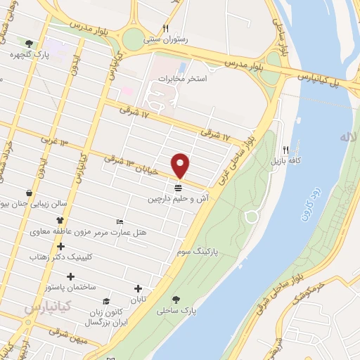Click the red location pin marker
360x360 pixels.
click(181, 165)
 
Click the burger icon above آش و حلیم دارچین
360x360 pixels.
click(178, 187)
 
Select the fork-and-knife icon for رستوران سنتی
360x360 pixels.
click(166, 29)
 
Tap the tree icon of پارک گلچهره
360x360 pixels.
click(29, 43)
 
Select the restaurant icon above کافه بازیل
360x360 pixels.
click(285, 150)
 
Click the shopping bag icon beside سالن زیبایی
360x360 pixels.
click(27, 193)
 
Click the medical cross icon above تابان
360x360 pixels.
click(138, 288)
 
